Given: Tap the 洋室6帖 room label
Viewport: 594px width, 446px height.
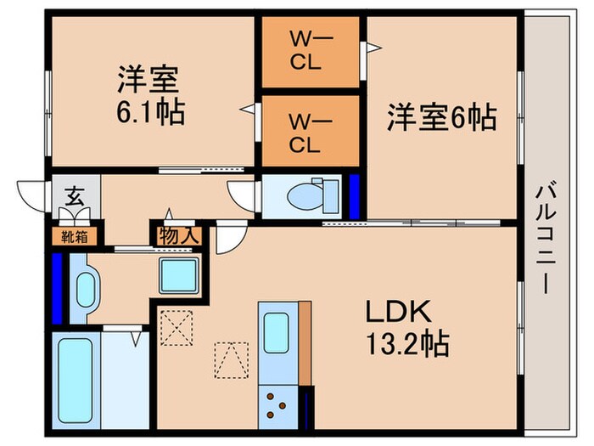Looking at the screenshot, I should point(441,117).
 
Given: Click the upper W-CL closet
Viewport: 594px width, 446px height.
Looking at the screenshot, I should point(308,51).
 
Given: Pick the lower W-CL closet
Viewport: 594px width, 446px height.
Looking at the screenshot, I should point(308,132).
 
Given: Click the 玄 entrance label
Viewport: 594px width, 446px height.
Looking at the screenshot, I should point(75,200).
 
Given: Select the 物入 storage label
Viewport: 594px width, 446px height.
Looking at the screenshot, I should point(176,235).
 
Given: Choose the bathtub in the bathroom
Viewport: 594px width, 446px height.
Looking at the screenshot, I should point(77,383).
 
